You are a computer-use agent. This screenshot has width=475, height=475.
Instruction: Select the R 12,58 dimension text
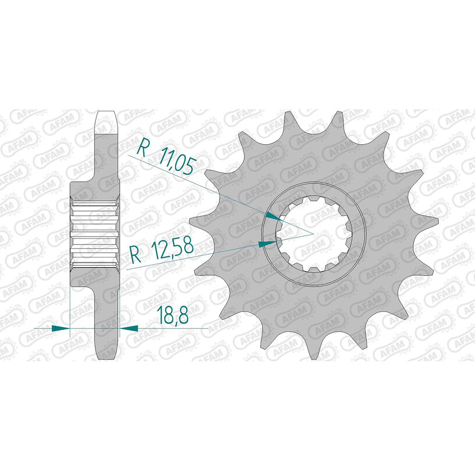161,249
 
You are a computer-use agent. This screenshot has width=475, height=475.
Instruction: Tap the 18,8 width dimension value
173,315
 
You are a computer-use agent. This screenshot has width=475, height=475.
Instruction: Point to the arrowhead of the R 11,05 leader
274,217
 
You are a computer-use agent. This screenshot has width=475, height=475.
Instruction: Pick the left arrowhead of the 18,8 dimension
61,328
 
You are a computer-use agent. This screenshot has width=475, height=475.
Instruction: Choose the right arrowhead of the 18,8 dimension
129,328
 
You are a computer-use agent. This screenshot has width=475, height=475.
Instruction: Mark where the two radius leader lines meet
313,234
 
